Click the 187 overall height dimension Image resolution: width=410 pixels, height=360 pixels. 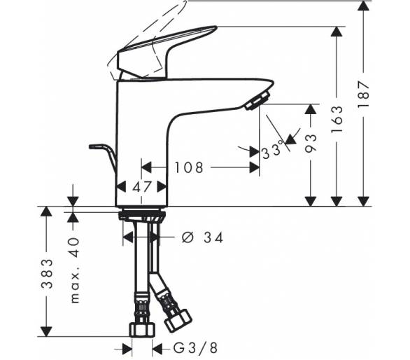click(x=364, y=93)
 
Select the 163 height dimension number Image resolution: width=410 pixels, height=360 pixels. click(x=337, y=119)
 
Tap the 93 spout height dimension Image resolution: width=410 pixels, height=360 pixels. click(x=311, y=142)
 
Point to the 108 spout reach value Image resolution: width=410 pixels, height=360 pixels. click(x=189, y=167)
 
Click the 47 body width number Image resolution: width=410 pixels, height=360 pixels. click(x=142, y=187)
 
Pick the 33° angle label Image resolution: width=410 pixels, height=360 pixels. click(x=273, y=150)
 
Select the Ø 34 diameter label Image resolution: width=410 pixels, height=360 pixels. click(x=203, y=237)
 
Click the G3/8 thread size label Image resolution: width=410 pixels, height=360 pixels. click(x=195, y=348)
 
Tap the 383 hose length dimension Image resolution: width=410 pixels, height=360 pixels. click(x=47, y=274)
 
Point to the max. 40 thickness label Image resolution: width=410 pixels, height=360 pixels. click(x=75, y=270)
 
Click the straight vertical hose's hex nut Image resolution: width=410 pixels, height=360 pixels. click(x=142, y=330)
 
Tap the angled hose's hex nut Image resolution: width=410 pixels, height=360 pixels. click(x=178, y=321)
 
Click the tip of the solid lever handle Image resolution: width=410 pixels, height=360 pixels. click(x=215, y=27)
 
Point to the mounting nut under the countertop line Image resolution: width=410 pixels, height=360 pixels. click(x=142, y=216)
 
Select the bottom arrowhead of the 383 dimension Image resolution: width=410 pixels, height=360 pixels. click(x=47, y=331)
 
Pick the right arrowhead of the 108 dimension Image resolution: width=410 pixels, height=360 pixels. click(x=255, y=167)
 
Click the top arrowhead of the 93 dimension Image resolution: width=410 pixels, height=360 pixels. click(x=311, y=109)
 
